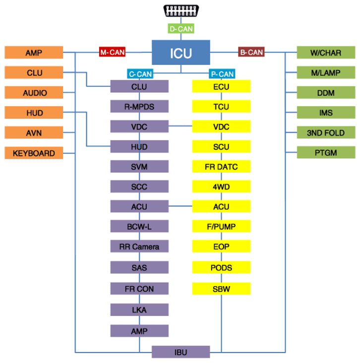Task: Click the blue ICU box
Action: (x=181, y=53)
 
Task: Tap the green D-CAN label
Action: (x=181, y=28)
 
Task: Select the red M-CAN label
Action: (x=112, y=52)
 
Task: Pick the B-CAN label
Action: (x=251, y=52)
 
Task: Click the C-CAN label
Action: (x=140, y=74)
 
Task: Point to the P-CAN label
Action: (x=222, y=74)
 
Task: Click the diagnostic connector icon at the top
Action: (x=181, y=10)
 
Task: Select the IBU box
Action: (x=181, y=352)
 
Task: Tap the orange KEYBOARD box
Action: (x=34, y=153)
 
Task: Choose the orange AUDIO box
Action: (x=34, y=92)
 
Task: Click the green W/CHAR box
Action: (x=326, y=53)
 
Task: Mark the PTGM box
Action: (x=326, y=152)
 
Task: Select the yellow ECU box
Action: (x=221, y=86)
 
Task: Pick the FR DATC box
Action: (x=221, y=167)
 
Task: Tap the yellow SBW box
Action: (x=221, y=289)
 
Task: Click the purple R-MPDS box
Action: (x=139, y=106)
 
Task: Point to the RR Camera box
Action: (x=139, y=246)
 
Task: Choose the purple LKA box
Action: (x=139, y=310)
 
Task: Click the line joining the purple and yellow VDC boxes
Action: (x=180, y=126)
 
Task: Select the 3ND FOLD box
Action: (x=326, y=132)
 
